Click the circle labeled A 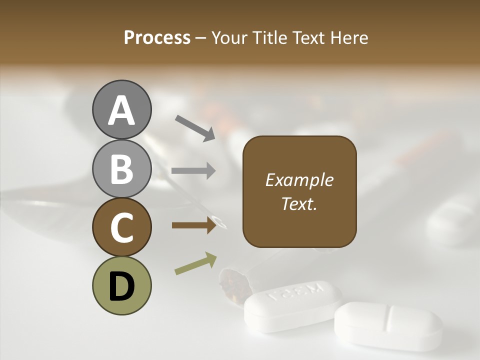point(121,109)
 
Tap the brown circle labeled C point(121,227)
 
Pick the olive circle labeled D point(121,285)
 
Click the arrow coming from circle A point(194,127)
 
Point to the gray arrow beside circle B point(193,171)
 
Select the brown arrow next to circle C point(193,225)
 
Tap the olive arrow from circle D point(195,263)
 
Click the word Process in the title point(157,38)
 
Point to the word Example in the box point(299,180)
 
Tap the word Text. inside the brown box point(299,203)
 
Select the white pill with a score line point(388,325)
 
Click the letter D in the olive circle point(121,286)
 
